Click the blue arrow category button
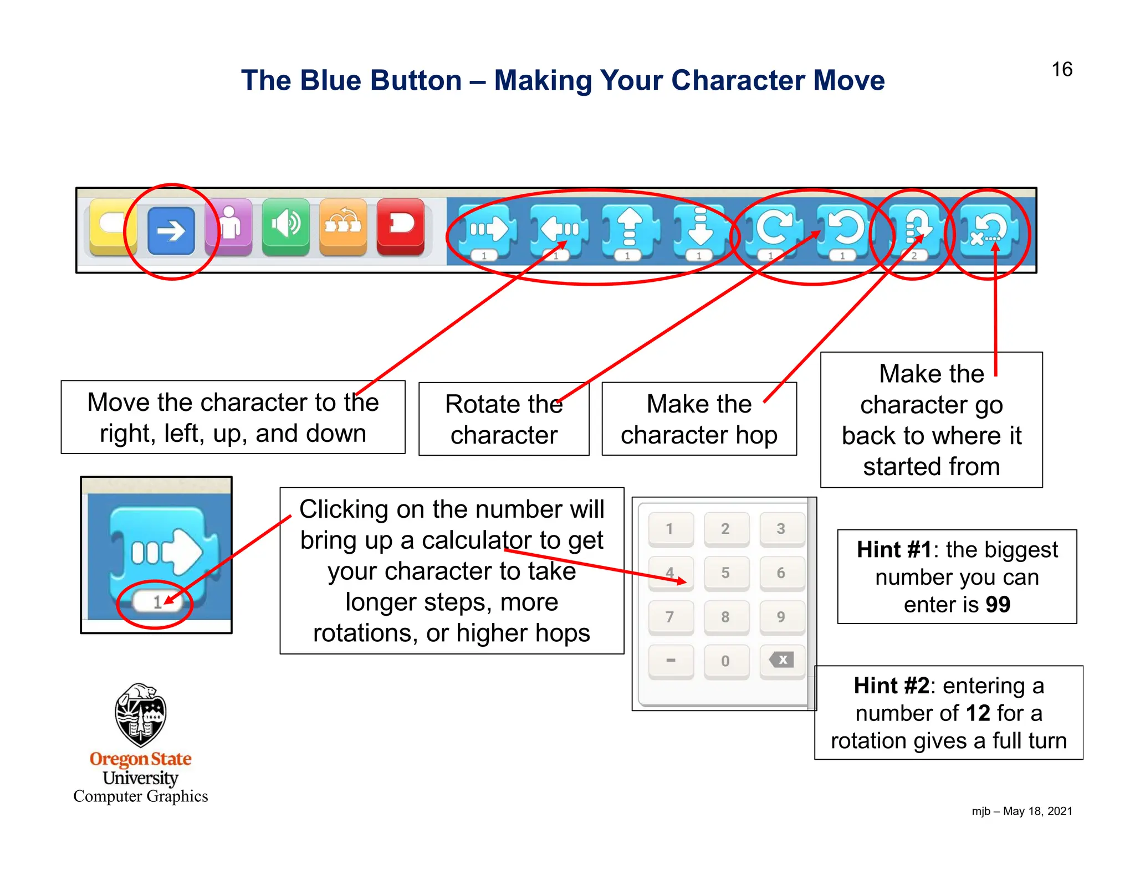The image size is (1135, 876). coord(171,230)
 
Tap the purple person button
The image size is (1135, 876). coord(229,226)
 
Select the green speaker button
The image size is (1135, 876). coord(285,226)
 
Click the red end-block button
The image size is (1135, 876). coord(401,226)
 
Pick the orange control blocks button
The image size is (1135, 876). coord(343,226)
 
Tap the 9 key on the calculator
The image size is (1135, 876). coord(781,617)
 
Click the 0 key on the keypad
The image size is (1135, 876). coord(725,661)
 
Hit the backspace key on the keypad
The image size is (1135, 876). coord(781,660)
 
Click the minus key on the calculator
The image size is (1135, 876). coord(671,661)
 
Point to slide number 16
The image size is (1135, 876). coord(1062,70)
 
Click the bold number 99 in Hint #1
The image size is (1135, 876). coord(998,605)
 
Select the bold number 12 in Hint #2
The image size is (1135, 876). coord(978,713)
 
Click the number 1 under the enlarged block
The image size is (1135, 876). coord(157,602)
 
